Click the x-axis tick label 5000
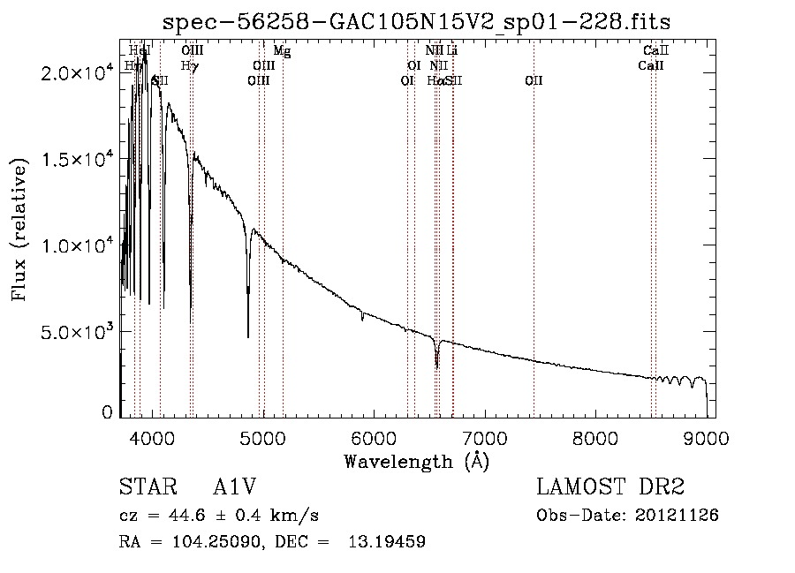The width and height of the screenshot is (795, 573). [x=262, y=437]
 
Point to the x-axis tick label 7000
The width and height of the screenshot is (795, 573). [x=484, y=437]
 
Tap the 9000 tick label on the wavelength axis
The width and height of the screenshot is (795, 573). [x=706, y=437]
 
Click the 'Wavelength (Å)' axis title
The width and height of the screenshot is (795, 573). [x=416, y=461]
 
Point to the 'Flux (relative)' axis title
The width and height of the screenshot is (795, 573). [x=19, y=228]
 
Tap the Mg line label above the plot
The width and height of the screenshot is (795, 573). [x=282, y=51]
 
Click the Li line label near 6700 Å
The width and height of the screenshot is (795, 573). [x=452, y=51]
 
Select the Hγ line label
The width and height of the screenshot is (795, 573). [x=189, y=65]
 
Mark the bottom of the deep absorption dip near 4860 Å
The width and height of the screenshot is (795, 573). [x=248, y=336]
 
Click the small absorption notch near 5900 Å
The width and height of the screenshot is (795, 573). [x=362, y=319]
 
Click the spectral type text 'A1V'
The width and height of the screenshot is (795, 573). [x=234, y=487]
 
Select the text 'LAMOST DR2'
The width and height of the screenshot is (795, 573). [x=610, y=487]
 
